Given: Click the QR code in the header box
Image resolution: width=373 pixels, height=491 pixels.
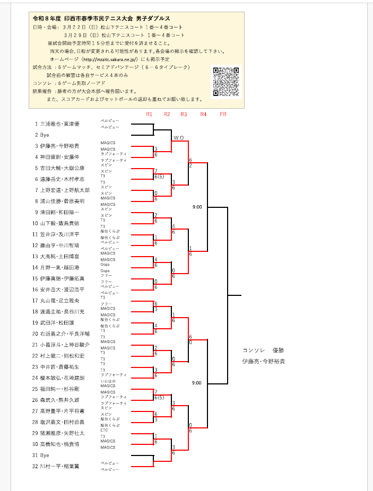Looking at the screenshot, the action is point(225,82).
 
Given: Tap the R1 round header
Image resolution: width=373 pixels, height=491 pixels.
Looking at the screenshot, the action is point(149,114).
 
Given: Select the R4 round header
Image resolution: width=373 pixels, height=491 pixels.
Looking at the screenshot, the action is point(203,114).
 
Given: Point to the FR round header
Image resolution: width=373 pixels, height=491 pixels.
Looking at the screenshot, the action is point(223,114).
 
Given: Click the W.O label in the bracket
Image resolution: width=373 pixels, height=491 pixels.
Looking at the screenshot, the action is point(178,138).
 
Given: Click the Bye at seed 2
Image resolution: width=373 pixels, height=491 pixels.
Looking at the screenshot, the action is point(45,135).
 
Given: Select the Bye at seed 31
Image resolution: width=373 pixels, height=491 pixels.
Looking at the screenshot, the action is point(45,455).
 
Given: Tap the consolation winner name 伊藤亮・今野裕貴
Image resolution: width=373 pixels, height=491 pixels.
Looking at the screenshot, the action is point(263,361).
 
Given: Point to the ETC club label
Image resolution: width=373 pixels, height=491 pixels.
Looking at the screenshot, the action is point(105,430).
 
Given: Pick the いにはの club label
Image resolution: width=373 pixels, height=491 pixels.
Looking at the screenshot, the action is point(107,381).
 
